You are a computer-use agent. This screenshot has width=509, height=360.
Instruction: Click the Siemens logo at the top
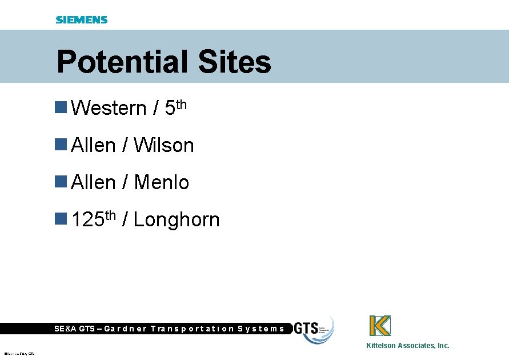pyautogui.click(x=82, y=20)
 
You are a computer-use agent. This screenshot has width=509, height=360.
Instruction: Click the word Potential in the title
pyautogui.click(x=123, y=62)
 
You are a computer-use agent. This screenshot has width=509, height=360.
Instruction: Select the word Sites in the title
pyautogui.click(x=234, y=62)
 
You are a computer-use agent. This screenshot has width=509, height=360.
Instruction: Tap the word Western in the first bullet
pyautogui.click(x=109, y=107)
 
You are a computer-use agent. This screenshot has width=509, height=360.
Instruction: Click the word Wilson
pyautogui.click(x=164, y=145)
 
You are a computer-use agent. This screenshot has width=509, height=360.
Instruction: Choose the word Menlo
pyautogui.click(x=161, y=182)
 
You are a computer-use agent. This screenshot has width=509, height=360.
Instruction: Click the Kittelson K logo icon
pyautogui.click(x=380, y=326)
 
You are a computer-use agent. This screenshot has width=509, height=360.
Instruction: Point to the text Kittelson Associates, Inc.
pyautogui.click(x=407, y=345)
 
